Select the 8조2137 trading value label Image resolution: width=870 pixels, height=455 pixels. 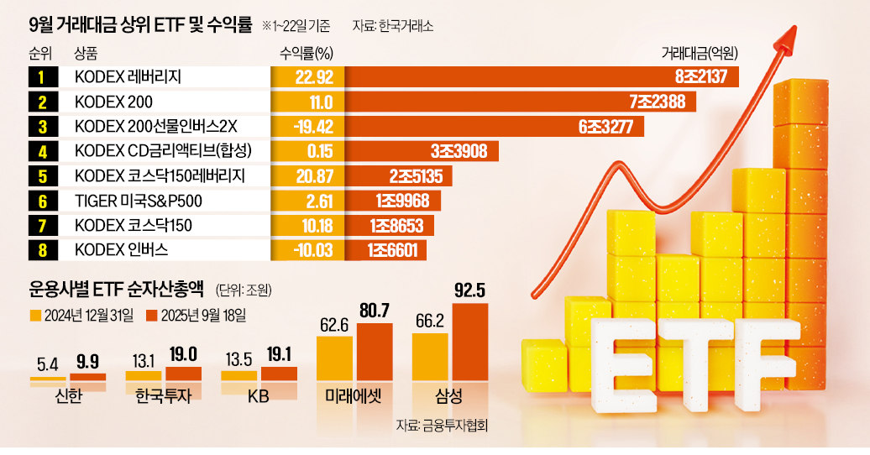tap(705, 78)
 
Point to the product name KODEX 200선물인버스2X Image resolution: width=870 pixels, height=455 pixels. tap(156, 127)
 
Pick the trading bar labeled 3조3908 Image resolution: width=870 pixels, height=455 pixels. tap(422, 152)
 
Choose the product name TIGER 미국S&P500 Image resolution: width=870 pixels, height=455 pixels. tap(139, 201)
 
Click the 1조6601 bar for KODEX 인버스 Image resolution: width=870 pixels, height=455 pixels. tap(385, 249)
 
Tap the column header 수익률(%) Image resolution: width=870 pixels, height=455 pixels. tap(307, 54)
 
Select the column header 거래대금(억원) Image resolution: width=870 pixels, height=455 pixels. tap(700, 54)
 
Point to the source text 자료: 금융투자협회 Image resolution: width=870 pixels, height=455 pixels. tap(442, 426)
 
